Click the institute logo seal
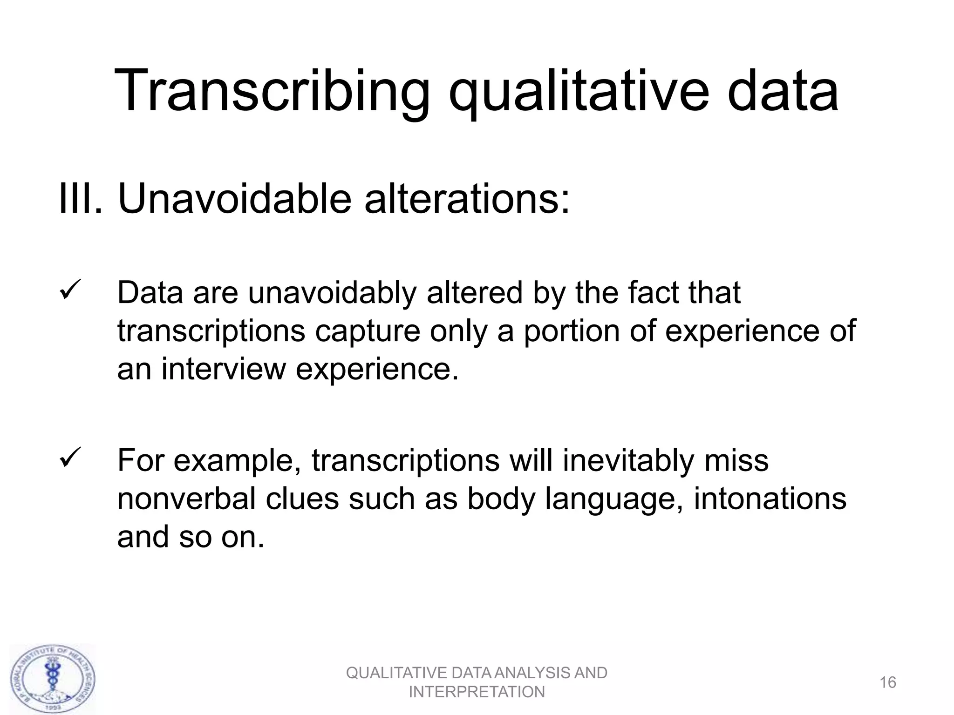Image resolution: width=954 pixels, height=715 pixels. pyautogui.click(x=53, y=679)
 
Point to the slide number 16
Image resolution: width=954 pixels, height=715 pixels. pyautogui.click(x=888, y=682)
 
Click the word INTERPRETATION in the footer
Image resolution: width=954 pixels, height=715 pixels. pyautogui.click(x=477, y=692)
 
